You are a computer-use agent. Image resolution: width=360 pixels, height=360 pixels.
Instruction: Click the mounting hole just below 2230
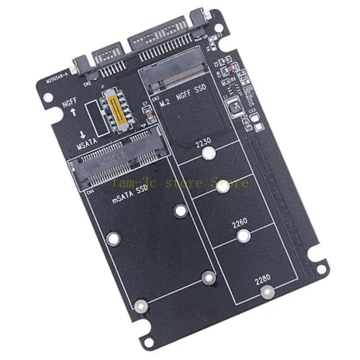(207, 154)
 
